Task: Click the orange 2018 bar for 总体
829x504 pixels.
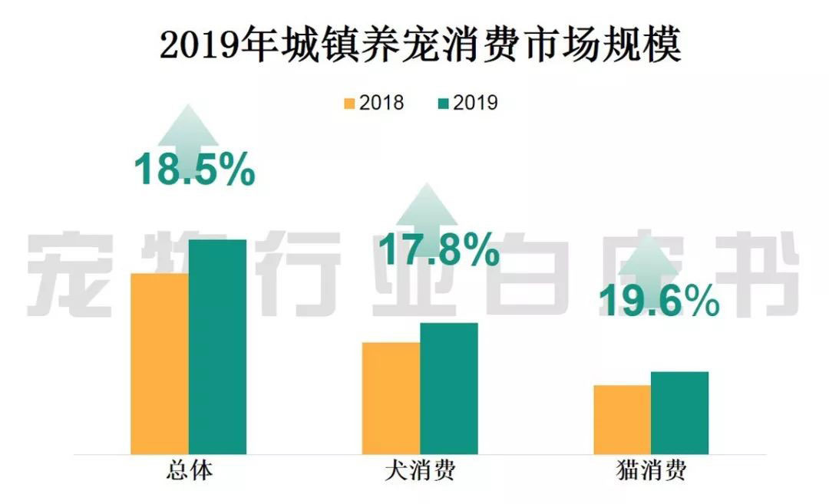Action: pyautogui.click(x=160, y=363)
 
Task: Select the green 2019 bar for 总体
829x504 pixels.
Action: pyautogui.click(x=217, y=346)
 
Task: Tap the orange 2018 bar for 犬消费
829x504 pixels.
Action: pyautogui.click(x=391, y=397)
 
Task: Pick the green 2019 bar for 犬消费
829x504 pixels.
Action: pyautogui.click(x=448, y=388)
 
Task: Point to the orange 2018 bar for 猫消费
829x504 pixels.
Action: pyautogui.click(x=622, y=419)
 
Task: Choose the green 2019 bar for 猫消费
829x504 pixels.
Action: pyautogui.click(x=679, y=413)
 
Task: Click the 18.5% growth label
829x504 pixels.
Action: pyautogui.click(x=194, y=170)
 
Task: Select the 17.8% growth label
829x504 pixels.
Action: pyautogui.click(x=440, y=250)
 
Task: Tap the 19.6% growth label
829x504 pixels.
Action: pyautogui.click(x=659, y=301)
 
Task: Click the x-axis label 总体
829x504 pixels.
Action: pyautogui.click(x=189, y=469)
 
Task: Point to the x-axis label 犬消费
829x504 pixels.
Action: pyautogui.click(x=419, y=469)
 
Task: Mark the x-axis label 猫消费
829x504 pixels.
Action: pyautogui.click(x=650, y=469)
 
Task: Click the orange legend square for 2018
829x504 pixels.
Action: pyautogui.click(x=350, y=103)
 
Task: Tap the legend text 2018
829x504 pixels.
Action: pyautogui.click(x=381, y=103)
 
